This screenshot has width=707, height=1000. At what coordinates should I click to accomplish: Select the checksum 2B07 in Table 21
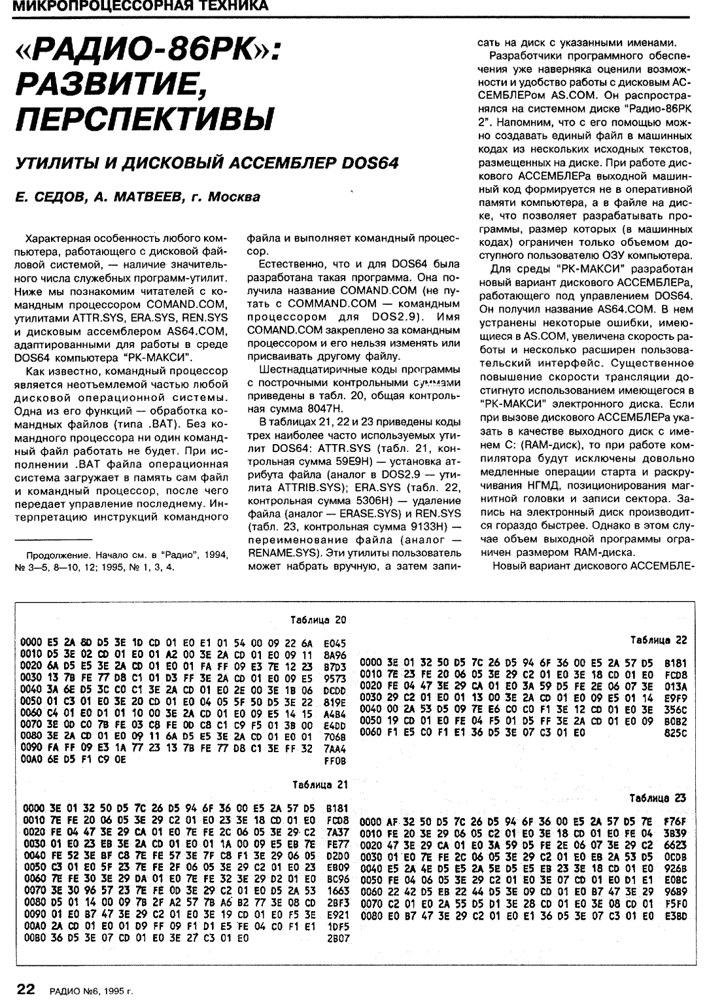(337, 937)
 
